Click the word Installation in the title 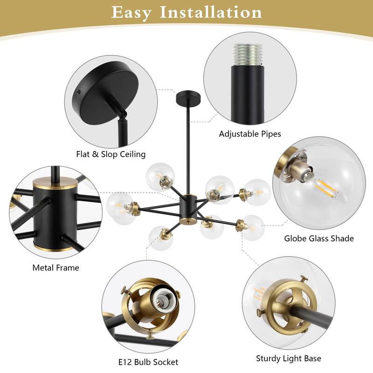pos(211,13)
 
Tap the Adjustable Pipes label pos(250,134)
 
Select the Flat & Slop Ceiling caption pos(111,154)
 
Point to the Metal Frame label pos(55,268)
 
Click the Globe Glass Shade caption pos(319,238)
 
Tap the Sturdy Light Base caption pos(288,359)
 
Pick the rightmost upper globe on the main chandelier pos(256,191)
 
